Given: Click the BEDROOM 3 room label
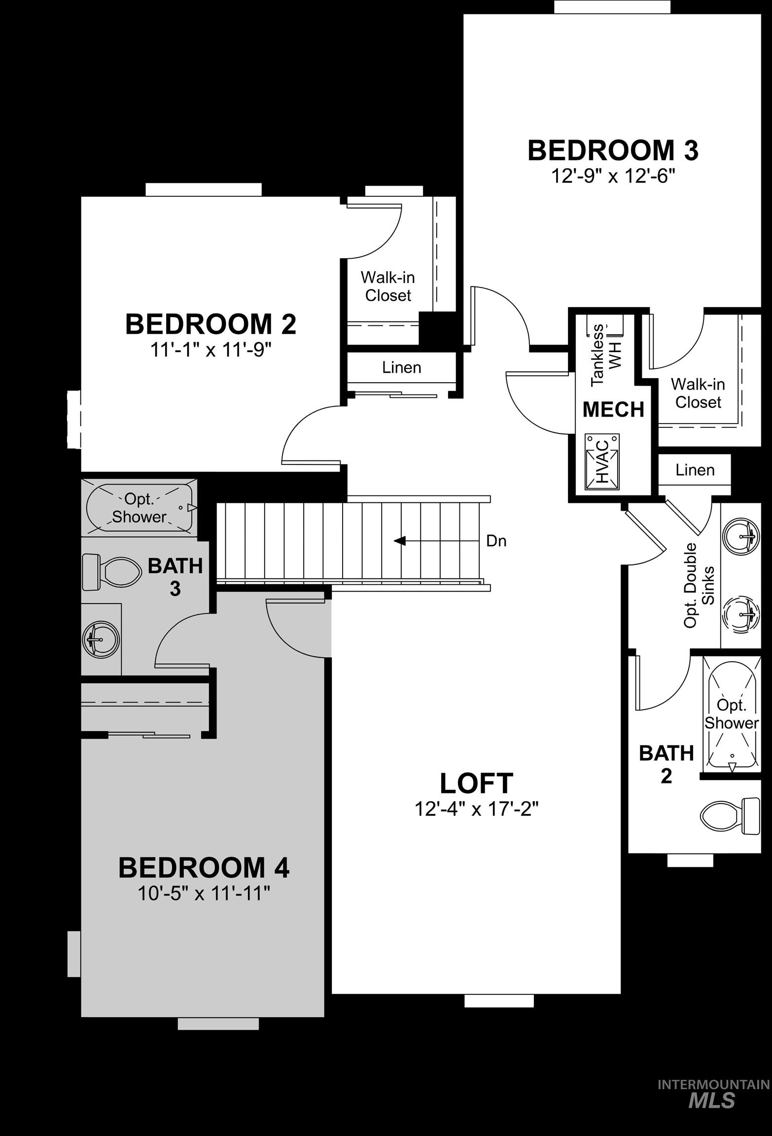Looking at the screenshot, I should click(613, 151).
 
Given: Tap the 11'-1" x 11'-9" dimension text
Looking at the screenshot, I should click(211, 351).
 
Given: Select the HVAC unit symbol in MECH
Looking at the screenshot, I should click(602, 462).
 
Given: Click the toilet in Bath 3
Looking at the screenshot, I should click(109, 571).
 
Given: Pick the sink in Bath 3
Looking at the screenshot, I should click(101, 639).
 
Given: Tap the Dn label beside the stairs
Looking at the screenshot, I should click(496, 541).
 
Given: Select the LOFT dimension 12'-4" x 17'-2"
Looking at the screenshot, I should click(476, 809).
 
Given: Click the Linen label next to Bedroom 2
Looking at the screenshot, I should click(401, 367).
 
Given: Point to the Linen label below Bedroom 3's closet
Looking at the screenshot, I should click(695, 470).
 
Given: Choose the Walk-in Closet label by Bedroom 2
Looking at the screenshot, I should click(388, 286).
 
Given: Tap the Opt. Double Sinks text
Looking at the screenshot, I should click(699, 585).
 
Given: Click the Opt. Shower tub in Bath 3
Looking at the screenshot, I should click(140, 508).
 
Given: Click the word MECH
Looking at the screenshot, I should click(613, 409).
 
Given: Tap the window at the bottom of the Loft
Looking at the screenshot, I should click(499, 1000).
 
